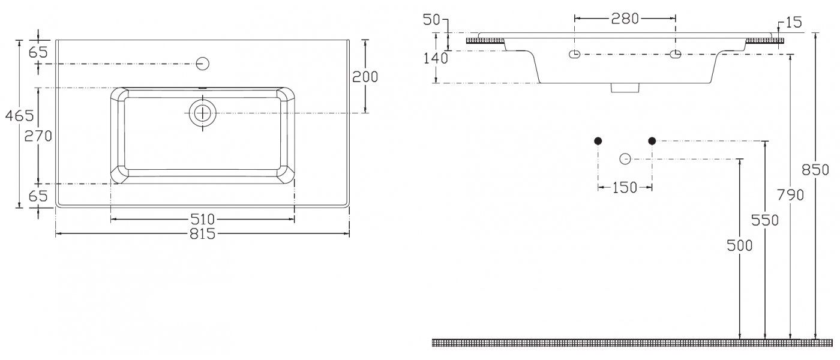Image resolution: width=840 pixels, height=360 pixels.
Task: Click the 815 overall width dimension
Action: pyautogui.click(x=203, y=233)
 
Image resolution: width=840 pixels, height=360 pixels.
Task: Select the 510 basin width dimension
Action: pyautogui.click(x=203, y=219)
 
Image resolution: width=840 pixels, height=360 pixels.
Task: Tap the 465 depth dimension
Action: pyautogui.click(x=19, y=115)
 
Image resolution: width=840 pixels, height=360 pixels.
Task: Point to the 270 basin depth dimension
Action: pyautogui.click(x=38, y=136)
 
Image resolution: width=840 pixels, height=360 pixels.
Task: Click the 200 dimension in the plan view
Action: pyautogui.click(x=365, y=77)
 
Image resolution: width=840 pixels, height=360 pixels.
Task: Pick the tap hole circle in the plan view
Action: pyautogui.click(x=203, y=64)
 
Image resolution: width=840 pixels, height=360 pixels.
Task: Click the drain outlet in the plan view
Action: pyautogui.click(x=203, y=113)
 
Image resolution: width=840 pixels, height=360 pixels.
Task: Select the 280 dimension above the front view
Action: pyautogui.click(x=625, y=19)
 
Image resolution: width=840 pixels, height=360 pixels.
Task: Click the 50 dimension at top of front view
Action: pyautogui.click(x=431, y=20)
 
